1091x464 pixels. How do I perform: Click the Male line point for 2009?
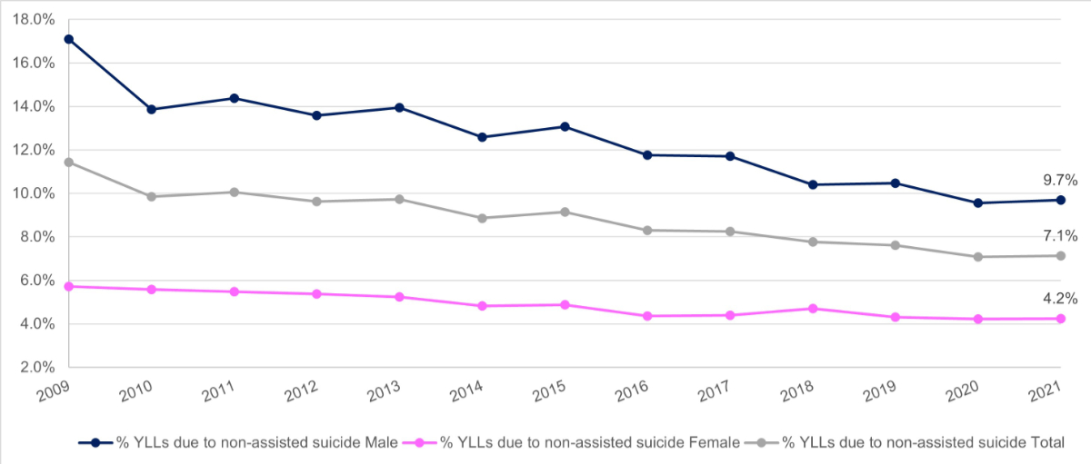point(69,39)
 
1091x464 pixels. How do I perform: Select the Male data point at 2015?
point(565,126)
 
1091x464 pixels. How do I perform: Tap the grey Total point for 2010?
point(152,196)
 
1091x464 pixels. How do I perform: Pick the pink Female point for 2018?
point(813,309)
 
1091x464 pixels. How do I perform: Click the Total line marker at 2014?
point(482,218)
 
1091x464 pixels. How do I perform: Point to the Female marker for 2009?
point(69,286)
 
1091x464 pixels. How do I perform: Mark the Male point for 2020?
point(978,202)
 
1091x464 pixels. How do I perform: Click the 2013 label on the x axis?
point(385,393)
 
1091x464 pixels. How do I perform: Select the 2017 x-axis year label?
point(715,393)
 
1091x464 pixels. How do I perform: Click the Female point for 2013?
point(399,297)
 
